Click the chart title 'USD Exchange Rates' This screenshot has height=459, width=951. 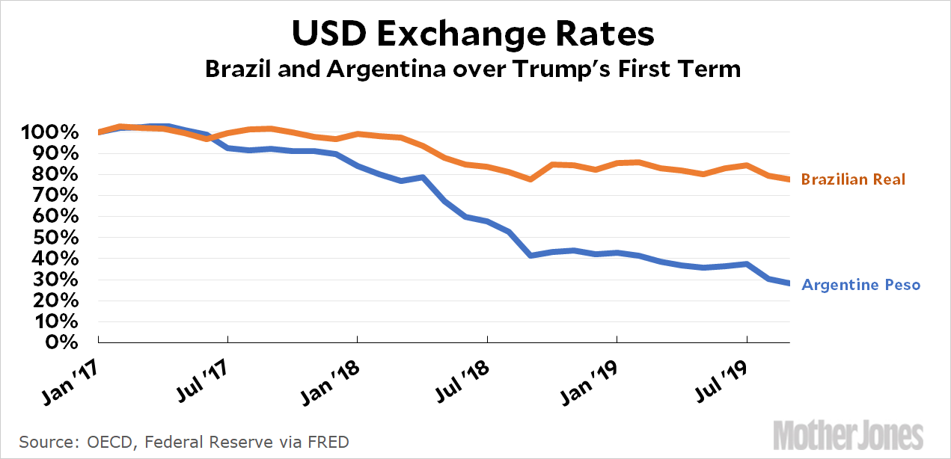(x=473, y=34)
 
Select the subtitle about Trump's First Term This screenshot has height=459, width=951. (x=473, y=70)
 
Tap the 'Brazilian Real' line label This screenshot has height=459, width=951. (x=853, y=179)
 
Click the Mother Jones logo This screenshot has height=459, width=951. (x=848, y=436)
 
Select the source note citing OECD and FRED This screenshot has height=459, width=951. (x=184, y=441)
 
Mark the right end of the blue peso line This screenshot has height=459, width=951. (x=789, y=283)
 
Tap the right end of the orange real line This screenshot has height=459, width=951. (x=789, y=179)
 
